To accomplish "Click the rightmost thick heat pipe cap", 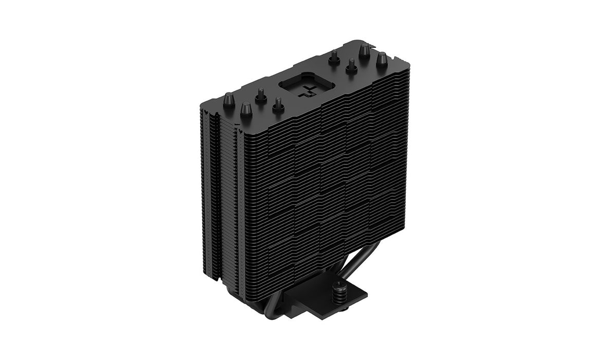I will pos(382,60).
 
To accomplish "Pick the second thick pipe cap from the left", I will pos(246,109).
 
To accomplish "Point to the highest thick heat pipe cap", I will pos(364,50).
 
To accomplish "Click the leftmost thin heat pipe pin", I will pos(261,95).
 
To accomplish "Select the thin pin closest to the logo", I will pos(278,104).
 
